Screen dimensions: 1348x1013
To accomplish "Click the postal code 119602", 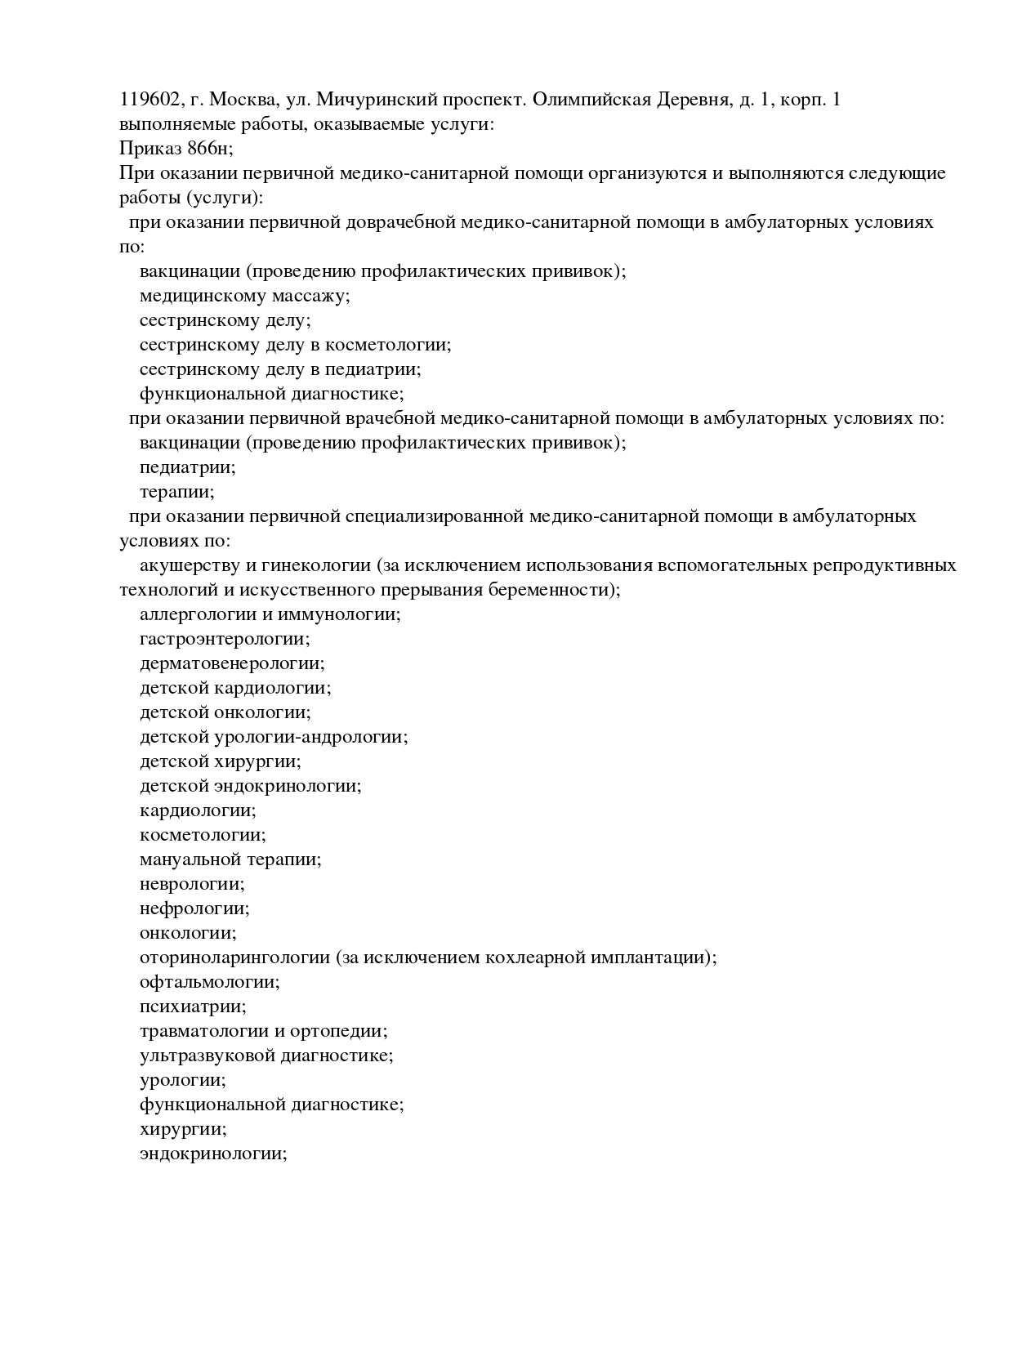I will (149, 100).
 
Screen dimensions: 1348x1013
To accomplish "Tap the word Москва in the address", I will (240, 100).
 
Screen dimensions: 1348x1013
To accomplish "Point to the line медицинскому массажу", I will (244, 296).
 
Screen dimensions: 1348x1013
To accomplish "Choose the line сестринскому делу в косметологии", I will (295, 345).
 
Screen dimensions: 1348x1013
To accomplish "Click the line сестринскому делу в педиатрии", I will (280, 369).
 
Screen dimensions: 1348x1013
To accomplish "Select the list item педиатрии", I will (187, 467).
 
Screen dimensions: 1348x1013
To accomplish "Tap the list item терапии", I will (176, 492).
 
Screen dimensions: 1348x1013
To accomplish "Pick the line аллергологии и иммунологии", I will (270, 614).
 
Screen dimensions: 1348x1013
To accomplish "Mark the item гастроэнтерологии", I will (225, 639).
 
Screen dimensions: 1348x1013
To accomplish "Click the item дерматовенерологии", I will (232, 663).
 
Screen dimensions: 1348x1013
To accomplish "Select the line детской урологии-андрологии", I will (274, 737).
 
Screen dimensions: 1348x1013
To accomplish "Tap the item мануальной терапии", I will (230, 859).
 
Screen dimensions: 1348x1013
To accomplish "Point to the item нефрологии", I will (194, 908).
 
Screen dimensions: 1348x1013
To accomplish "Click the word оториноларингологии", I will (234, 957).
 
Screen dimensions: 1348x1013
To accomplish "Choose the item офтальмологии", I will (209, 982).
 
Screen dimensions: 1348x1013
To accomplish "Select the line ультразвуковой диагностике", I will (266, 1056).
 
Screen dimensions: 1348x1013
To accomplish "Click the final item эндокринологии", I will (213, 1154).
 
